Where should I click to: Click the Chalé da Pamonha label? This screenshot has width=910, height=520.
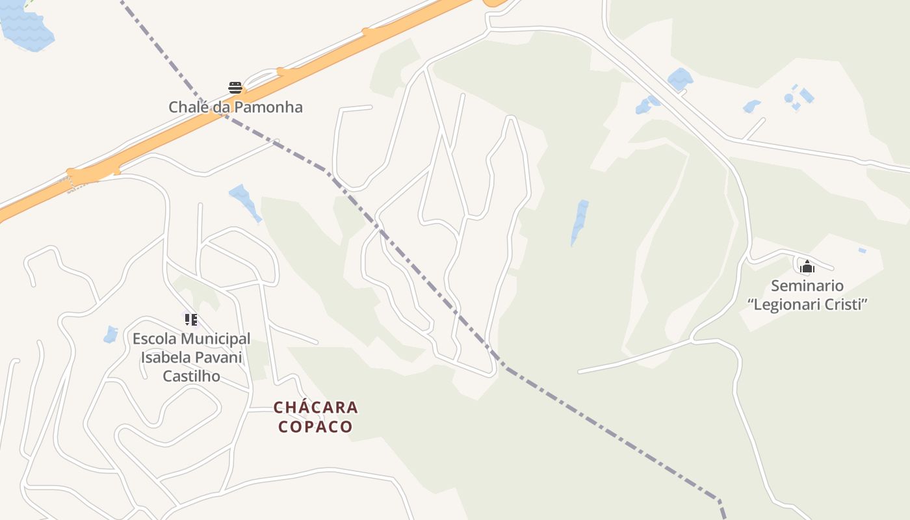click(x=235, y=107)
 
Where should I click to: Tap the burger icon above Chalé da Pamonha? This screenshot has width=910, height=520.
click(x=235, y=88)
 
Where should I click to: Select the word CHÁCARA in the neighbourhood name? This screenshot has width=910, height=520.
click(x=315, y=408)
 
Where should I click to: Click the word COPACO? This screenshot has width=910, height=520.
click(x=315, y=427)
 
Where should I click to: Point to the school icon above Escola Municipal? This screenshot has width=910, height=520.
click(x=190, y=319)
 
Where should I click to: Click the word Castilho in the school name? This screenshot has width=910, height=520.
click(x=191, y=376)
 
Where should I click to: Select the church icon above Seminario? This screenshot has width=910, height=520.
click(x=807, y=266)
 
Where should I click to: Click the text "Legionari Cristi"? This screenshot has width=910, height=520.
click(x=808, y=305)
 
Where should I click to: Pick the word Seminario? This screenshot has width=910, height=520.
click(x=807, y=286)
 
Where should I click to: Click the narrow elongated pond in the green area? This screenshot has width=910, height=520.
click(x=579, y=221)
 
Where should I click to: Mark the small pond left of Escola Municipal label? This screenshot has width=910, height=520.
click(x=110, y=335)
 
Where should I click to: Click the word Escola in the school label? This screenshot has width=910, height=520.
click(x=155, y=339)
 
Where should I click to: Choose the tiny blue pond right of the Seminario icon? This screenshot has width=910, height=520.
click(x=862, y=250)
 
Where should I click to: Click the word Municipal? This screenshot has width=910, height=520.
click(x=216, y=339)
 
